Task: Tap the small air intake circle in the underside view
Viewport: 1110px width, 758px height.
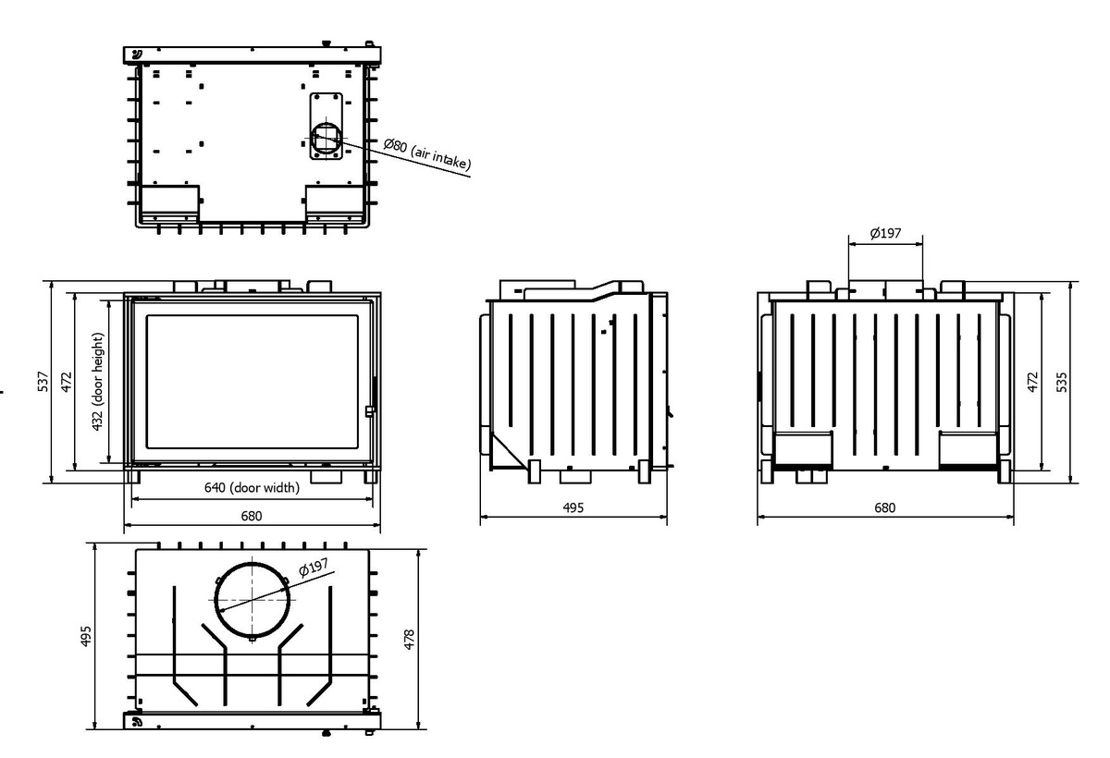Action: (x=326, y=137)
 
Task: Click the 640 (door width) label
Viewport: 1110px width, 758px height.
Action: (x=252, y=489)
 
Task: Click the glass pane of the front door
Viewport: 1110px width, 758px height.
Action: (x=252, y=383)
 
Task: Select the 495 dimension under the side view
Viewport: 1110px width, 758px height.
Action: (x=573, y=508)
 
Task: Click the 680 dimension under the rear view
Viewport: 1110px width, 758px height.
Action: (x=884, y=508)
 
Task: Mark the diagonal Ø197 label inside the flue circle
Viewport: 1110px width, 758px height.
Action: (x=313, y=570)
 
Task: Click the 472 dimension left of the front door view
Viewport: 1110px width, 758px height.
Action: (x=67, y=383)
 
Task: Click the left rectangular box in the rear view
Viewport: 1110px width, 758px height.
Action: (x=803, y=448)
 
